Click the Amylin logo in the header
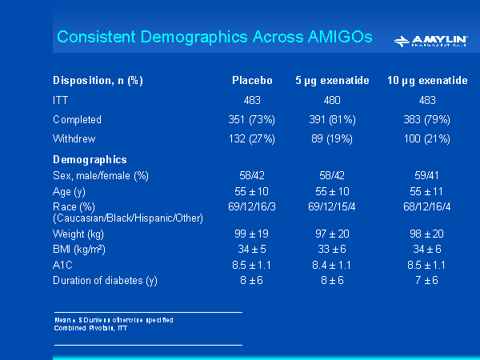[x=431, y=40]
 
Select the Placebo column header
[x=252, y=81]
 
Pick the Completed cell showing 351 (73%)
[x=252, y=119]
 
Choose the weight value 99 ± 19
[x=252, y=233]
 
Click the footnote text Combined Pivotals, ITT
[x=90, y=328]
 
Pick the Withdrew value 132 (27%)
[x=252, y=138]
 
